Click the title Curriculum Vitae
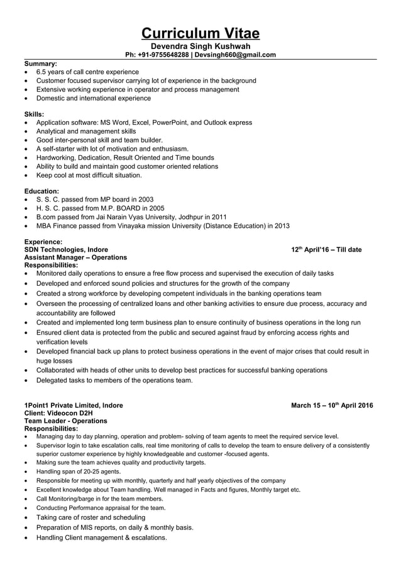pyautogui.click(x=200, y=33)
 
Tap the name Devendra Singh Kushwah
pyautogui.click(x=200, y=46)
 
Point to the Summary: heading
pyautogui.click(x=40, y=63)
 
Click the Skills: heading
pyautogui.click(x=34, y=114)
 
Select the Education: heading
pyautogui.click(x=41, y=191)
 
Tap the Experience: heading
pyautogui.click(x=43, y=242)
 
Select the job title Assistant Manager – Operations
pyautogui.click(x=75, y=257)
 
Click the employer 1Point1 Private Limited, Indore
pyautogui.click(x=74, y=405)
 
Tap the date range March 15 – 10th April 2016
pyautogui.click(x=332, y=405)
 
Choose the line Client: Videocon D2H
pyautogui.click(x=58, y=413)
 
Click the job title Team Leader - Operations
pyautogui.click(x=65, y=421)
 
